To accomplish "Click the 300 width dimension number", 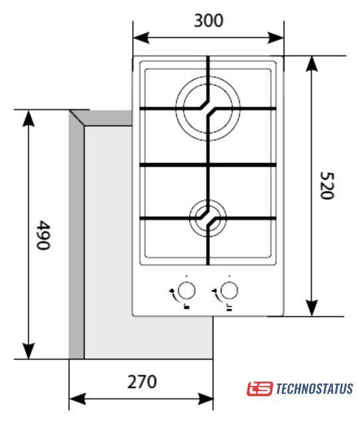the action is tap(209, 21).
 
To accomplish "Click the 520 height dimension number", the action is tap(327, 185).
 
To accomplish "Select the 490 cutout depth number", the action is tap(43, 235).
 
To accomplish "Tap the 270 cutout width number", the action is tap(142, 382).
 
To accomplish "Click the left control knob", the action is tap(186, 291).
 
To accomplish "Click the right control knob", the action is tap(229, 291).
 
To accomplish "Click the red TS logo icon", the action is tap(260, 389).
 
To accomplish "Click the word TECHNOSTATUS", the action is tap(314, 389).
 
